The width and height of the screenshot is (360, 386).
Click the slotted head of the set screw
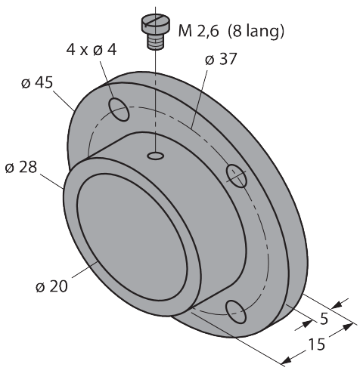click(155, 24)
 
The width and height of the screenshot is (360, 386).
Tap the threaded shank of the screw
click(156, 42)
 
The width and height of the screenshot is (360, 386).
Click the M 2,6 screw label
click(198, 31)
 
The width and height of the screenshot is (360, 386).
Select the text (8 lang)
click(256, 31)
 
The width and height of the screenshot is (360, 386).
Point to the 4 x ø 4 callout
click(92, 50)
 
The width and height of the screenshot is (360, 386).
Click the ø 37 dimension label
click(221, 59)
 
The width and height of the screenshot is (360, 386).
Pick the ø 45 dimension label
click(37, 82)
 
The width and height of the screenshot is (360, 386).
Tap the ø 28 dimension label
click(21, 167)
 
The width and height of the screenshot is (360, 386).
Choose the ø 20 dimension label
click(51, 286)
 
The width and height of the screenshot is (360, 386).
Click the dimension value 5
click(324, 319)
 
